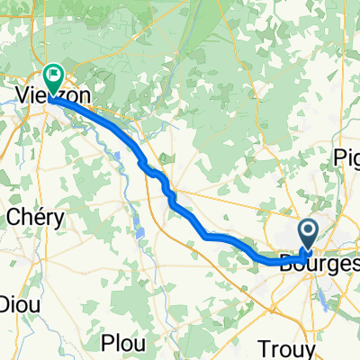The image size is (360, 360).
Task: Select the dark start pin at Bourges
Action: pos(308,236)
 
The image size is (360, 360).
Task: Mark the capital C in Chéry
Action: pos(15,216)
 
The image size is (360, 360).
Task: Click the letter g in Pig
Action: pos(352,157)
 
